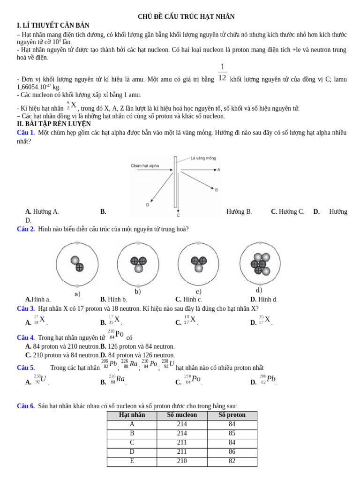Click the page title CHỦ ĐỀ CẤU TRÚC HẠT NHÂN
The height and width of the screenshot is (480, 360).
pos(186,17)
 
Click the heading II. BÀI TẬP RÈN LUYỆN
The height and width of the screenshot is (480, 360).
pos(54,124)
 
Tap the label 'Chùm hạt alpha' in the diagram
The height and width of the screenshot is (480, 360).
pos(145,165)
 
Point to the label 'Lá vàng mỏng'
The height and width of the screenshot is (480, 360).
pos(203,158)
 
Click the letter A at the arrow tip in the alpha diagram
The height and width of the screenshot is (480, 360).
pos(219,170)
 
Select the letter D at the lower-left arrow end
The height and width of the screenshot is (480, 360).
pos(148,205)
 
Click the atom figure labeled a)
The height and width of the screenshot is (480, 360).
pos(77,264)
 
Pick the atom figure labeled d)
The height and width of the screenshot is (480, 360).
pos(260,264)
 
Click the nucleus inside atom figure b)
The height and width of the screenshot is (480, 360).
pos(138,264)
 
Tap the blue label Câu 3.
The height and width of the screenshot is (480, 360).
pos(26,309)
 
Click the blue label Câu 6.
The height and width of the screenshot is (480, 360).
pos(26,406)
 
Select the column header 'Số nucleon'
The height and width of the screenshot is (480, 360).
pos(182,415)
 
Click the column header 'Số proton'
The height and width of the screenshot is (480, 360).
pos(232,415)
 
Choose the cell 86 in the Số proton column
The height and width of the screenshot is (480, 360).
pos(232,452)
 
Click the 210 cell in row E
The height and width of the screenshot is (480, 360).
pos(182,461)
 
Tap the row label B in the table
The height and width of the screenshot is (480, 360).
pos(132,434)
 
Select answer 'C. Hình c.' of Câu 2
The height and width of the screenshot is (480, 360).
pos(189,300)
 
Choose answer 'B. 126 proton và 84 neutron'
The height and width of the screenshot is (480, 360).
pos(137,346)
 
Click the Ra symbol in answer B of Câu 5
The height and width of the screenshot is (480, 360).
pos(120,379)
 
